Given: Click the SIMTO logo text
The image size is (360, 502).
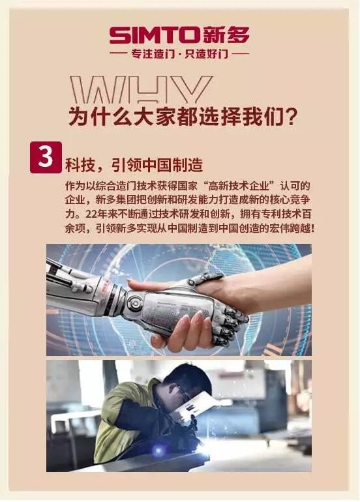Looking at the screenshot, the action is pos(155,35).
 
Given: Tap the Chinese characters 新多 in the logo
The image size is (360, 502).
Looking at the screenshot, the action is pos(226,35).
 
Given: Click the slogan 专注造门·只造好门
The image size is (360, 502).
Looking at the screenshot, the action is pos(179,53).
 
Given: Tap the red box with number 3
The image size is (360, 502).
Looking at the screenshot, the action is pos(46,157).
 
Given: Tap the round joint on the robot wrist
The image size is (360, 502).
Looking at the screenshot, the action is pos(133,303).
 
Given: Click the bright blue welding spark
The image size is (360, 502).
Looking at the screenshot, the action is pos(158,450).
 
